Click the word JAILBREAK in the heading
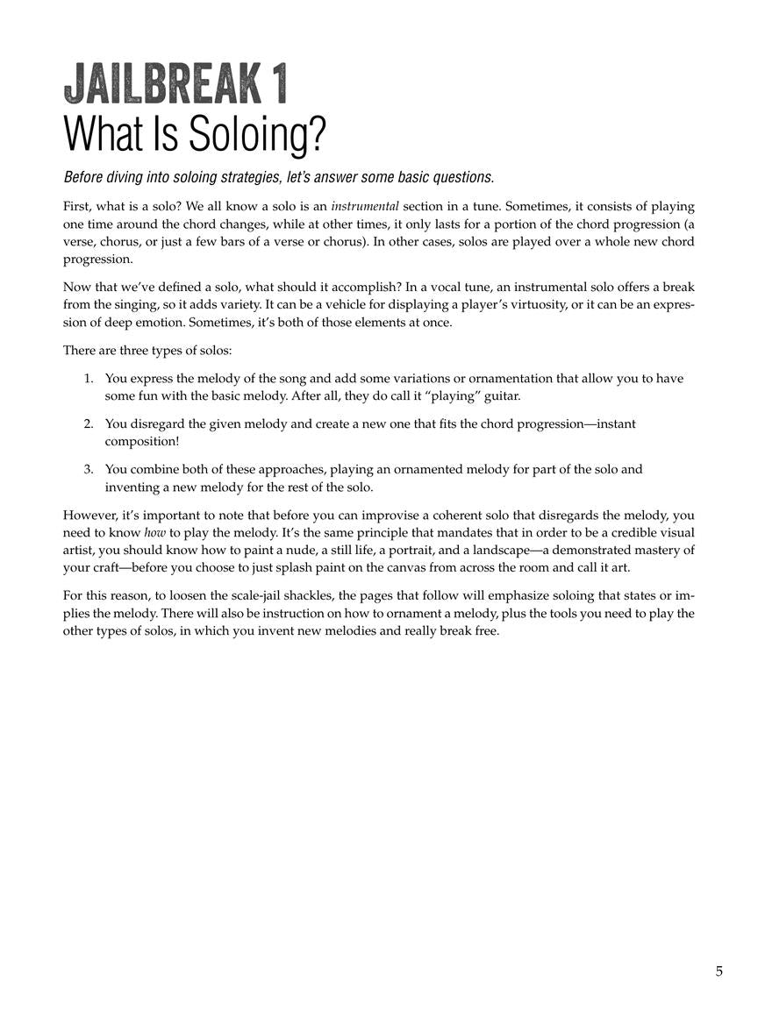(162, 87)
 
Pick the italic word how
(154, 533)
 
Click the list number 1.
(89, 379)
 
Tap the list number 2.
(89, 424)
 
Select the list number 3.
(89, 470)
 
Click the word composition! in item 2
(141, 441)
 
